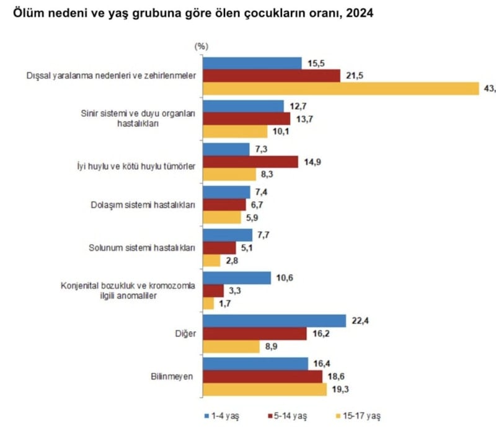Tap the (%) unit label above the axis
201,46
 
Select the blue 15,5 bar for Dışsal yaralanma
252,63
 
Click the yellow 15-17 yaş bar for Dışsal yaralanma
341,89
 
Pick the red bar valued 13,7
247,118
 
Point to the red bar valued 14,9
252,161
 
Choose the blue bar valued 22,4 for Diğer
274,321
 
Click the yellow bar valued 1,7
208,303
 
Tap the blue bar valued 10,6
237,278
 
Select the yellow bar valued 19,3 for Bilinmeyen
265,389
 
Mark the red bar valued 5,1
219,248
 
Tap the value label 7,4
261,192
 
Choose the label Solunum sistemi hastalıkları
143,248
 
